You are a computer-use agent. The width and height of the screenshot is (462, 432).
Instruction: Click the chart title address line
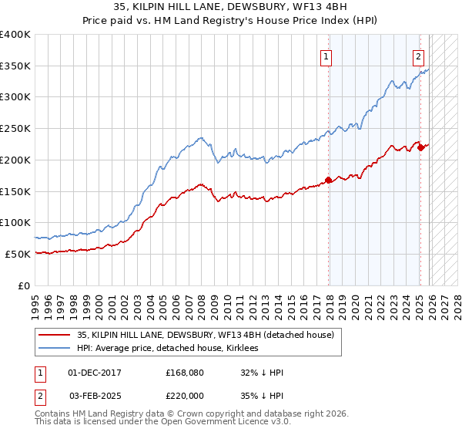pyautogui.click(x=231, y=8)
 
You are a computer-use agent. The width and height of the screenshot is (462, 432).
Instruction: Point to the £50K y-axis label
pyautogui.click(x=18, y=254)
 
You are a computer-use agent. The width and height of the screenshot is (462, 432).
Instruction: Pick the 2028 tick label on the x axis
pyautogui.click(x=457, y=301)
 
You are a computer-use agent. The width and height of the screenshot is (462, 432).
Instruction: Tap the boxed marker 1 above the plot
pyautogui.click(x=326, y=56)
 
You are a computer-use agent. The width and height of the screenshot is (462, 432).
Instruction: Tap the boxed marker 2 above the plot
pyautogui.click(x=418, y=56)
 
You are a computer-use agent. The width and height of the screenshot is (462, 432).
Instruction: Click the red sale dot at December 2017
pyautogui.click(x=329, y=180)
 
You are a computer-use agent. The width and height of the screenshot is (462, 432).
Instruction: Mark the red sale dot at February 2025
pyautogui.click(x=420, y=147)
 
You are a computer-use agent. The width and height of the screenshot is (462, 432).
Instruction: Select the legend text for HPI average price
pyautogui.click(x=170, y=348)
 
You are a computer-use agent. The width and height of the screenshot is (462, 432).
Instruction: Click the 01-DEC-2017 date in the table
pyautogui.click(x=95, y=373)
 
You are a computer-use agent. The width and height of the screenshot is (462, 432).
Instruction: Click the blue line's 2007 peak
pyautogui.click(x=199, y=137)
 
